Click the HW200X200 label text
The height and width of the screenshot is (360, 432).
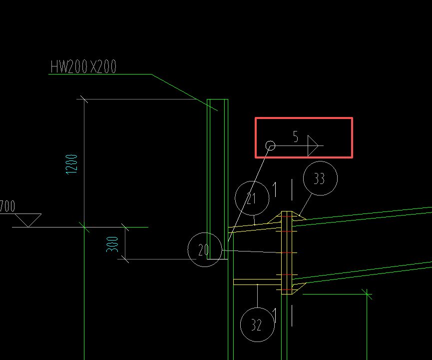point(83,66)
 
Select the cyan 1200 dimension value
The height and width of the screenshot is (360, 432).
point(71,164)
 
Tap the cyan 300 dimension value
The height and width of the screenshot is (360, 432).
point(112,244)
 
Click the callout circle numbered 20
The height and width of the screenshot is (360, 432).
point(188,249)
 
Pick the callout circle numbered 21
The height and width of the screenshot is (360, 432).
point(235,198)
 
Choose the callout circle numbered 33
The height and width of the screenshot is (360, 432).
point(303,178)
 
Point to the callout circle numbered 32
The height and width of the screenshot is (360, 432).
point(241,324)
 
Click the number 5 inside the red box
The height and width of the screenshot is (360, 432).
point(296,136)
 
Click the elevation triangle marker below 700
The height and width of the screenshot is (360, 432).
point(28,220)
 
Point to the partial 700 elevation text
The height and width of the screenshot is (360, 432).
point(7,206)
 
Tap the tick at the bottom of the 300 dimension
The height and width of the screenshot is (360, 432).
point(125,259)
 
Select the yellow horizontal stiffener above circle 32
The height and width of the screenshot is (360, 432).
point(257,282)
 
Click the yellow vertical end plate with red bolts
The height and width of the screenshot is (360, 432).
point(287,252)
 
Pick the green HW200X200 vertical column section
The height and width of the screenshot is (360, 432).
point(217,179)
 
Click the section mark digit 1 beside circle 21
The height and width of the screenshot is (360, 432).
point(275,189)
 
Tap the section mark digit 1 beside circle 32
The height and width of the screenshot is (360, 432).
point(275,315)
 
